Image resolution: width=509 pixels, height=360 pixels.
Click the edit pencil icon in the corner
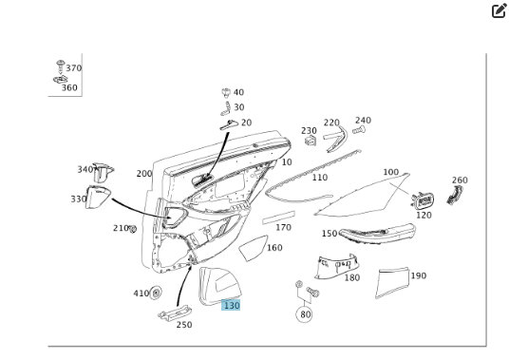point(500,10)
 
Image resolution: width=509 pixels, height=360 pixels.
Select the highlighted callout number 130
point(231,305)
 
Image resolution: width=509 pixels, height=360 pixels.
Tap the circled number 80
point(305,314)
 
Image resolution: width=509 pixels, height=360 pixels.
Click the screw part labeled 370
point(61,66)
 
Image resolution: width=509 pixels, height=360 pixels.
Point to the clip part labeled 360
point(61,79)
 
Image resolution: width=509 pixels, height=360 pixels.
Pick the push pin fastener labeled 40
point(226,92)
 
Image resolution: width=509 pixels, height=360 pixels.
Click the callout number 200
point(144,174)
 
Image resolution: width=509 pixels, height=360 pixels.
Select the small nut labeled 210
point(132,229)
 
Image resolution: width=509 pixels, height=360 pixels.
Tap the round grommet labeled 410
point(156,293)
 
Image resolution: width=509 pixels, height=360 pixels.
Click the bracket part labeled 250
point(175,313)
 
